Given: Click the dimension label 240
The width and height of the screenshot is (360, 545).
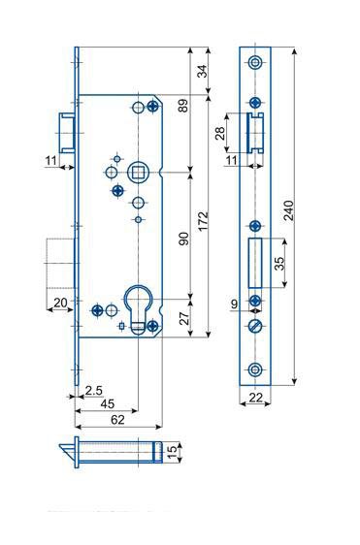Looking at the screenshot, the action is tap(289, 210).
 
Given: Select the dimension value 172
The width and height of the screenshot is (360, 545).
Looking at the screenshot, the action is tap(203, 221).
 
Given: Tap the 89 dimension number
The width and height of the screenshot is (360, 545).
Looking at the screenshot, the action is tap(183, 106).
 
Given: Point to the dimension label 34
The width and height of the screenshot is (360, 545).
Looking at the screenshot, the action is tap(202, 71).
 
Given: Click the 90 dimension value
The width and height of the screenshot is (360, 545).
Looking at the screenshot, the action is tap(184, 239).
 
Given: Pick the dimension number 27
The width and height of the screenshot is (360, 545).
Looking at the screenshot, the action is tap(184, 318).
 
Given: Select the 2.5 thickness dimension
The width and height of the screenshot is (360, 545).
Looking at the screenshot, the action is tap(94, 391).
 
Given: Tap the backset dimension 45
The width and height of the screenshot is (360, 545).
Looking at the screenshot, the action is tap(107, 403).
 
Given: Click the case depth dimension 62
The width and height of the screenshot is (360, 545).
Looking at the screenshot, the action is tap(117, 420).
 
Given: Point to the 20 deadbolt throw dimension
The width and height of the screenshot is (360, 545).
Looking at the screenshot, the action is tap(60, 303).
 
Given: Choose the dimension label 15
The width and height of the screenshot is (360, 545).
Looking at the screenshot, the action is tap(172, 452).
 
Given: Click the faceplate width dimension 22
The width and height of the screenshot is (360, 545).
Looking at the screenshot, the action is tap(255, 398).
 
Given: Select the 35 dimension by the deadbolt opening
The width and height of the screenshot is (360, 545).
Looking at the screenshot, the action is tap(279, 263).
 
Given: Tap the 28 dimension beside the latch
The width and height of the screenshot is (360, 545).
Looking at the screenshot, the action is tap(220, 133).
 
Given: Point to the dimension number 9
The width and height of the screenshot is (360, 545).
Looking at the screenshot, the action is tap(235, 305).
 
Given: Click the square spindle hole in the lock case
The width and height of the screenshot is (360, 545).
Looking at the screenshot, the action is tap(138, 172).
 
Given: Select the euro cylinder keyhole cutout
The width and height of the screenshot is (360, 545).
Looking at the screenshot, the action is tap(138, 309).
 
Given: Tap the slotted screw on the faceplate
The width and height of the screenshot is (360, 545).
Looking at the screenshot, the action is tap(255, 326).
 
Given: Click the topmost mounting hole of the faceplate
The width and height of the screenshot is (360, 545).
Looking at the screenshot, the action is tap(255, 63).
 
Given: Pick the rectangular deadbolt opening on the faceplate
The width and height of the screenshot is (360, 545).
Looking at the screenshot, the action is tap(255, 263).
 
